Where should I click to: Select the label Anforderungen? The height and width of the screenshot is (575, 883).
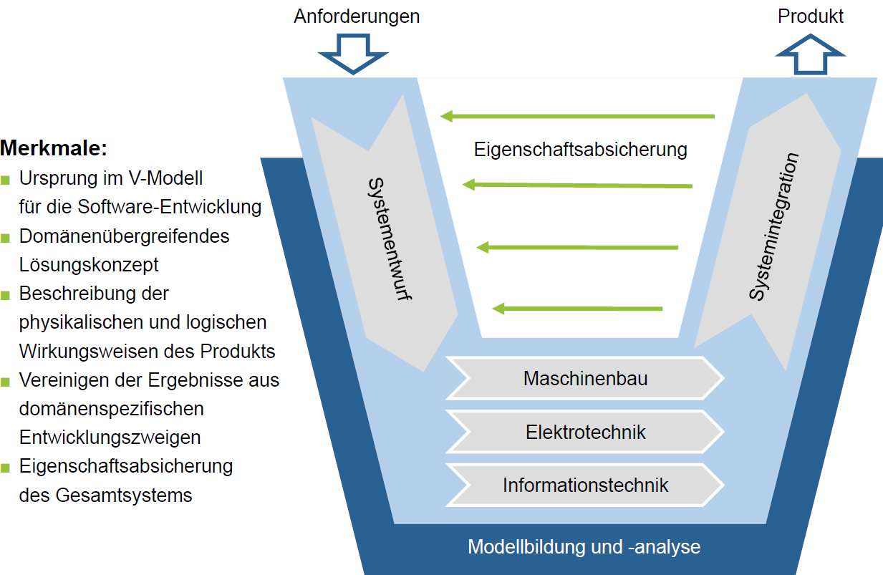coord(357,16)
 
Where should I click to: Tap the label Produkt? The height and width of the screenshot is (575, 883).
coord(811,16)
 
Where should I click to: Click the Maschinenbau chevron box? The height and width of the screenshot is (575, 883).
coord(585,378)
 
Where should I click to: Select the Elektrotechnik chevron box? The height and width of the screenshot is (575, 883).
coord(585,432)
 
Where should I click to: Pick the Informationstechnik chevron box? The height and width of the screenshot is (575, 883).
coord(585,485)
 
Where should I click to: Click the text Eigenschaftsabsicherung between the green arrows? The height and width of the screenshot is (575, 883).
coord(580,150)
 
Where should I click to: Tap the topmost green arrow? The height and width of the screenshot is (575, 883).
coord(577,116)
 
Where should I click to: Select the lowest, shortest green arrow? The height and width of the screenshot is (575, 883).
coord(577,309)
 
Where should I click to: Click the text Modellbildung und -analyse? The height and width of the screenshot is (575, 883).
coord(584,548)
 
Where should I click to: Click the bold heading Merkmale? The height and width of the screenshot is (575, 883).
coord(54,149)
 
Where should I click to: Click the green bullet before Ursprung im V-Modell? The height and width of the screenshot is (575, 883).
coord(6,179)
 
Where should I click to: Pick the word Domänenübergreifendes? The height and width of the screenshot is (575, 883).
coord(124,236)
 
